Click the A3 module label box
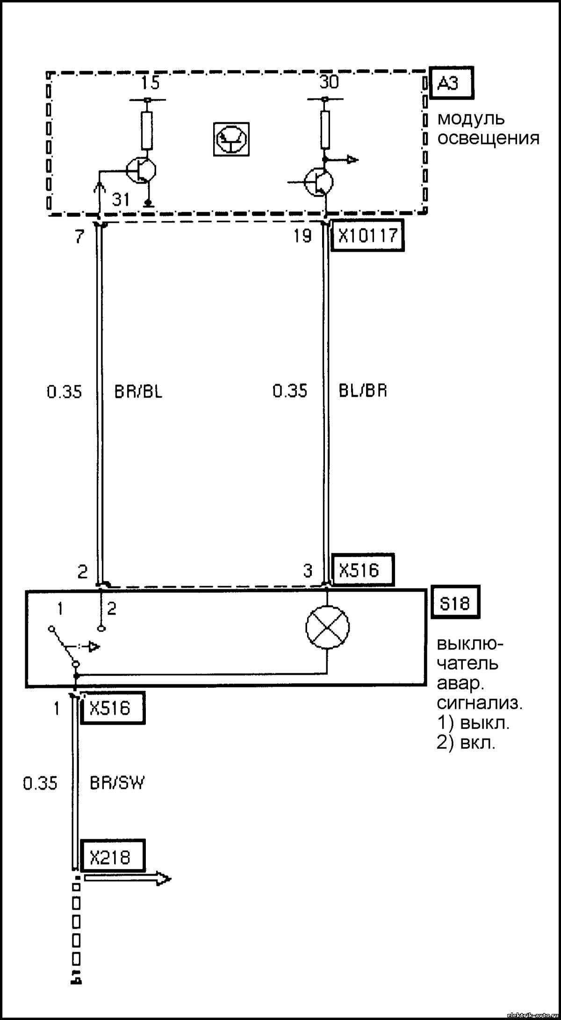451,84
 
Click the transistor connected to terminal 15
141,171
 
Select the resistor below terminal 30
324,130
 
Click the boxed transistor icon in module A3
231,139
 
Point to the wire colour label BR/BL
139,391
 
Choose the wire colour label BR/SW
117,783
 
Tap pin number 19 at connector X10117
302,237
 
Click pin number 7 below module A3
79,237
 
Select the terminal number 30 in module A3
329,83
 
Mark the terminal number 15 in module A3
151,83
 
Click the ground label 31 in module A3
121,200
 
